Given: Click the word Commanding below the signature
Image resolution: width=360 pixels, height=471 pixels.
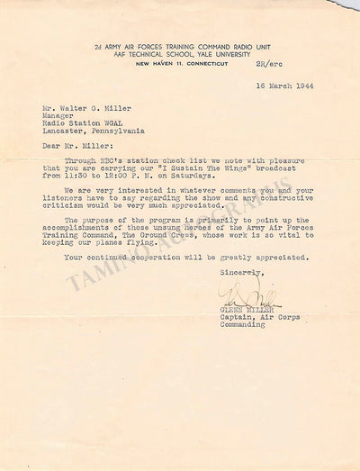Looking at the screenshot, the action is click(x=241, y=324).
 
